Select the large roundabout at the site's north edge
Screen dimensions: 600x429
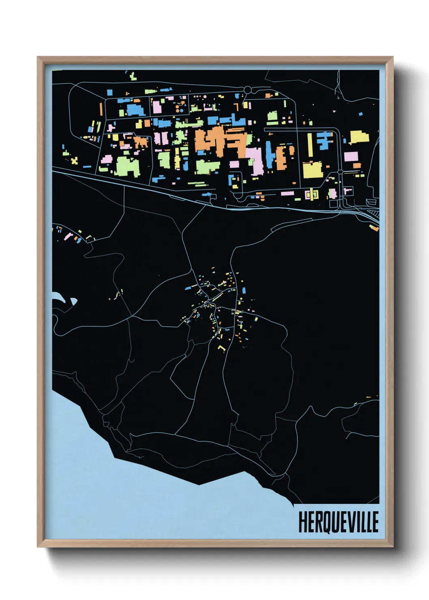pyautogui.click(x=248, y=90)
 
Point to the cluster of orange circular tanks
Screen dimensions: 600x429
pyautogui.click(x=179, y=107)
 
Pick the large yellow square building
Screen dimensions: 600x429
pyautogui.click(x=313, y=170)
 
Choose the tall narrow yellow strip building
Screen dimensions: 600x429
pyautogui.click(x=310, y=144)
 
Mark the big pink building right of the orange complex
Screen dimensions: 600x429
pyautogui.click(x=255, y=160)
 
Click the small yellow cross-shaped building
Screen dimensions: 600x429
pyautogui.click(x=74, y=161)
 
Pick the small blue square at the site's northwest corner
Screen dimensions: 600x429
pyautogui.click(x=109, y=93)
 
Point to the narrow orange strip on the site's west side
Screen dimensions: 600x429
pyautogui.click(x=101, y=108)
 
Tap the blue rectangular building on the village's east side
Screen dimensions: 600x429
pyautogui.click(x=244, y=290)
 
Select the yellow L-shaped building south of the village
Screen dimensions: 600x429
pyautogui.click(x=221, y=347)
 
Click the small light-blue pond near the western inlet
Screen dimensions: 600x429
pyautogui.click(x=74, y=301)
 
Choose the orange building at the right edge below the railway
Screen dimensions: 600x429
pyautogui.click(x=373, y=227)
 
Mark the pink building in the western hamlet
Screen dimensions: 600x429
pyautogui.click(x=65, y=237)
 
